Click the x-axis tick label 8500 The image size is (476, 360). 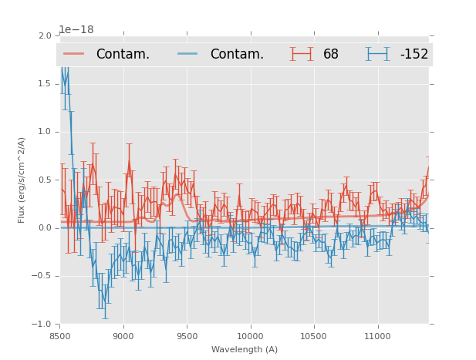[x=59, y=336]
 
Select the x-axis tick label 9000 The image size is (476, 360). [x=123, y=336]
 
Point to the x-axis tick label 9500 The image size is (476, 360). [x=187, y=336]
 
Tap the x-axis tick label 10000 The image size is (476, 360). [x=250, y=336]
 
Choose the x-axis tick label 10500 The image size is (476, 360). [x=313, y=336]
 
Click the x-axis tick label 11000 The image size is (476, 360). [x=377, y=336]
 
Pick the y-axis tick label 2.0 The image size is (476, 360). [x=44, y=35]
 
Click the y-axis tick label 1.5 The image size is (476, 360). [x=44, y=83]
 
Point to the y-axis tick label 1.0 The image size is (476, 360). [x=44, y=132]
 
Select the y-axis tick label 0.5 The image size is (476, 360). [x=44, y=180]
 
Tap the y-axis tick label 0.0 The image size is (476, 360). [x=44, y=228]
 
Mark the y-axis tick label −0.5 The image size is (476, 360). [x=42, y=276]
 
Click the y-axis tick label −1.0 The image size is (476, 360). [x=42, y=325]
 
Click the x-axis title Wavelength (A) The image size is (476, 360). [x=245, y=349]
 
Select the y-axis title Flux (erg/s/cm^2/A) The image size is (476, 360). [x=22, y=180]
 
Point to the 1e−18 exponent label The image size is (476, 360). [x=76, y=29]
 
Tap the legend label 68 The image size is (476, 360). [x=331, y=54]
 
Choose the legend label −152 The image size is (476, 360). [x=414, y=54]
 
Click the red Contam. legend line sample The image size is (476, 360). [x=73, y=54]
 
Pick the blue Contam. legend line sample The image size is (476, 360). [x=187, y=54]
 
